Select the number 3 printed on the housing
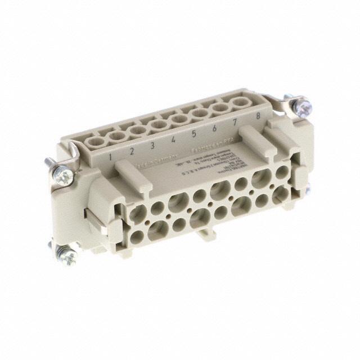click(x=152, y=146)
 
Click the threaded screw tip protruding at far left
click(x=46, y=164)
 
